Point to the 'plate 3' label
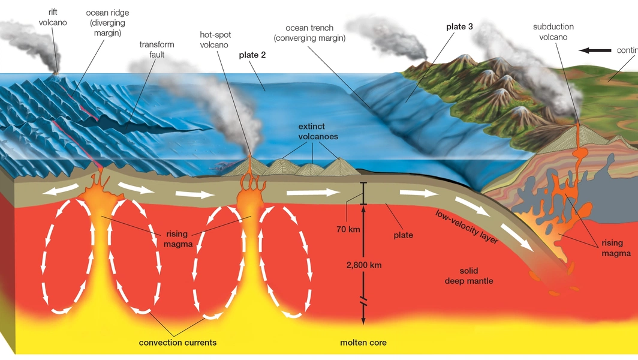(x=459, y=27)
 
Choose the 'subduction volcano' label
(x=553, y=32)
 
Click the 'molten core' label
(x=363, y=343)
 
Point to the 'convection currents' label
(x=177, y=343)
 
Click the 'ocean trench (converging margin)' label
(x=310, y=33)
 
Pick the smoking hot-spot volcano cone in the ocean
(x=250, y=163)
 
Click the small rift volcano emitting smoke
(x=56, y=77)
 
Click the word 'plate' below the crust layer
(x=403, y=235)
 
